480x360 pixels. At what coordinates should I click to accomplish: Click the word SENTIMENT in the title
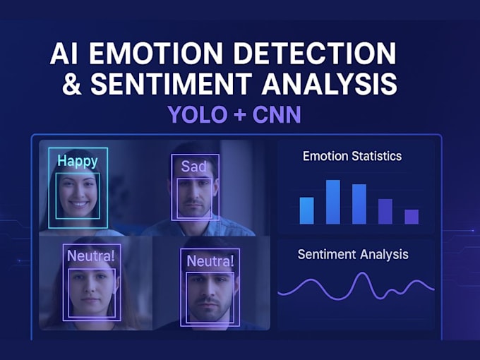pos(169,85)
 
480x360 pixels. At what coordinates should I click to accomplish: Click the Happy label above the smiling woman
pos(78,161)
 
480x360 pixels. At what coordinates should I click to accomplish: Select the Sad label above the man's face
pos(194,167)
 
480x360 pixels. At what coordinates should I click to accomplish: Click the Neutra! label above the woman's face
pos(90,256)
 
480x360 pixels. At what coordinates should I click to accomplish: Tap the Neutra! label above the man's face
pos(210,261)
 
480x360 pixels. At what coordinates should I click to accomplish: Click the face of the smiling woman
pos(78,193)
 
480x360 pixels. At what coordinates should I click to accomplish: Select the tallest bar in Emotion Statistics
pos(333,202)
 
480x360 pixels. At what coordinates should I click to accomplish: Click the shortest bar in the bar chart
pos(412,217)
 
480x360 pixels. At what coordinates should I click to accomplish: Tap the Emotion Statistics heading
pos(352,156)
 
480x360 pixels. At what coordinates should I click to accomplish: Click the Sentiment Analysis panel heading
pos(353,254)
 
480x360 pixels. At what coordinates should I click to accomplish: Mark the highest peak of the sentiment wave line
pos(362,274)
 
